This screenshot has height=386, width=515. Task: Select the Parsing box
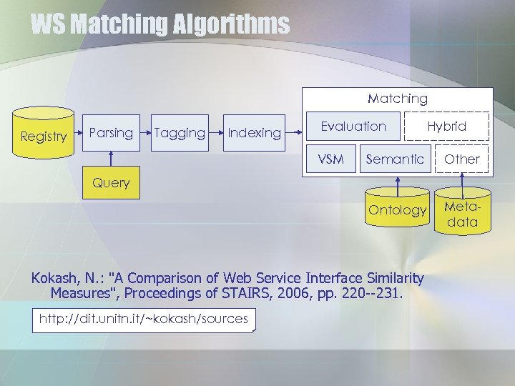(x=111, y=133)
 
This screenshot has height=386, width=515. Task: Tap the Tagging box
(x=180, y=133)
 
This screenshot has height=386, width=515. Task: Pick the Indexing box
(x=254, y=133)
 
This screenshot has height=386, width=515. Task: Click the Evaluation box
(x=353, y=127)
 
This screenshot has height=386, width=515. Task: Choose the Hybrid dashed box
(x=447, y=127)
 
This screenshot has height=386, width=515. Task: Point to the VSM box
(x=330, y=159)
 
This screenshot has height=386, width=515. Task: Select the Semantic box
(x=395, y=159)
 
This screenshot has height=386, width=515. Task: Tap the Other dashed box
(x=462, y=159)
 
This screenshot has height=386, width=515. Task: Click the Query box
(x=111, y=183)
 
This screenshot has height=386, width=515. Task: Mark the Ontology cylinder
(x=396, y=209)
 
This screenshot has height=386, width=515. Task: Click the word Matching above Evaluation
(x=398, y=99)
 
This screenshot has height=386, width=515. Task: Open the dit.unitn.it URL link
(x=143, y=319)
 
